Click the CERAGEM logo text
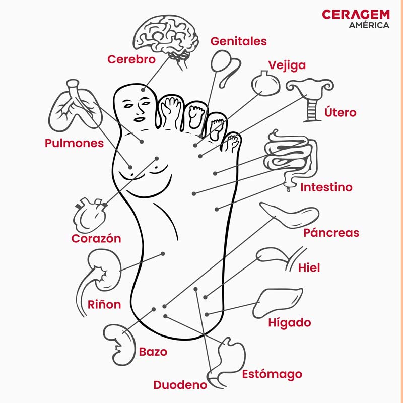pyautogui.click(x=356, y=15)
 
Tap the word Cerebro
pyautogui.click(x=131, y=59)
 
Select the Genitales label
pyautogui.click(x=238, y=42)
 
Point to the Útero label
pyautogui.click(x=340, y=112)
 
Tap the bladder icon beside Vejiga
pyautogui.click(x=265, y=83)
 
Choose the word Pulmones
pyautogui.click(x=74, y=143)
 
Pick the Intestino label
pyautogui.click(x=326, y=187)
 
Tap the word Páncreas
pyautogui.click(x=331, y=233)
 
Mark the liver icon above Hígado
pyautogui.click(x=278, y=303)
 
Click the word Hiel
pyautogui.click(x=309, y=268)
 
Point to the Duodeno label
pyautogui.click(x=180, y=385)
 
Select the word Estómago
pyautogui.click(x=272, y=374)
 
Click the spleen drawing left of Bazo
pyautogui.click(x=119, y=345)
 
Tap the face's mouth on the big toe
pyautogui.click(x=140, y=119)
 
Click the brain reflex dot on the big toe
pyautogui.click(x=143, y=90)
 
